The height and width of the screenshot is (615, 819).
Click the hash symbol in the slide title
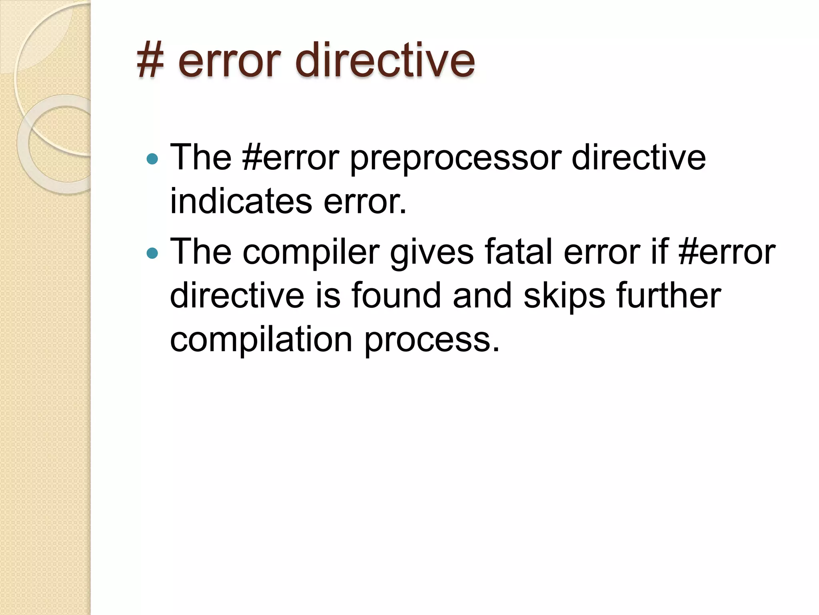[150, 61]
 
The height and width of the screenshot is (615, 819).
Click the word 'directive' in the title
[385, 61]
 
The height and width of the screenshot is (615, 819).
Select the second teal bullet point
[152, 253]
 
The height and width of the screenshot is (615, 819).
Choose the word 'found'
[396, 295]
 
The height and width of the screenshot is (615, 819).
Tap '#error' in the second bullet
[727, 252]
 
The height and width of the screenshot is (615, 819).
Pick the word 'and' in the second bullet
[482, 295]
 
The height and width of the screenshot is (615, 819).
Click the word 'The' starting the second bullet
[201, 252]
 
